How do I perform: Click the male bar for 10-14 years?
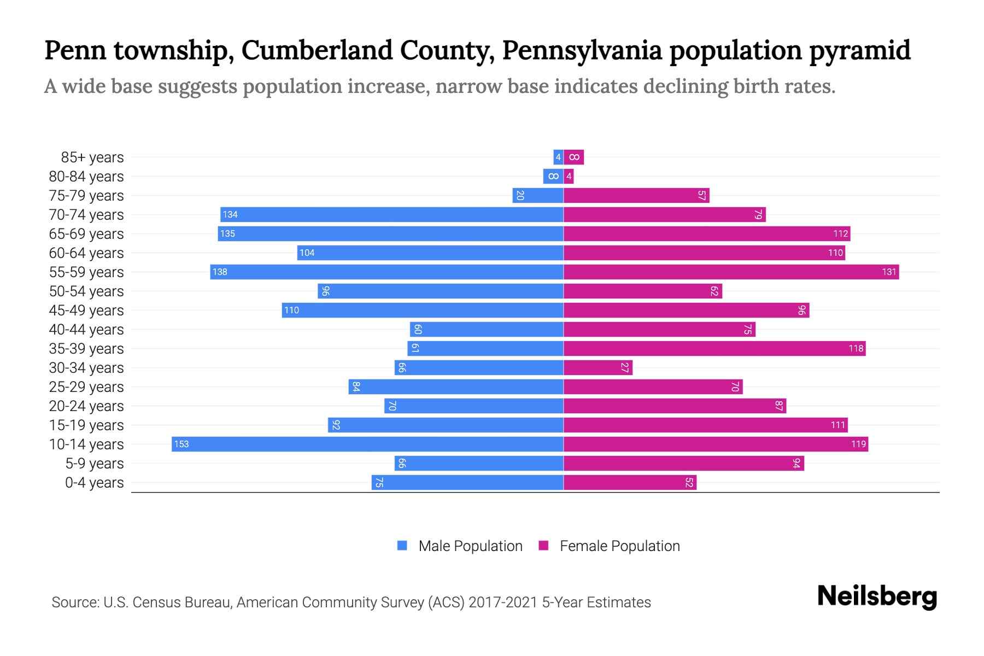tap(367, 444)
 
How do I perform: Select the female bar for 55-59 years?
tap(731, 272)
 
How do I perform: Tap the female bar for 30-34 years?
tap(598, 367)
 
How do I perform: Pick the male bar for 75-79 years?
tap(537, 195)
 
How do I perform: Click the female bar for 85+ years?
tap(574, 157)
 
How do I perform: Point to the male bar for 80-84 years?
tap(553, 176)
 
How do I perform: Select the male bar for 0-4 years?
tap(467, 482)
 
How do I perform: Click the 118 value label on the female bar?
tap(856, 348)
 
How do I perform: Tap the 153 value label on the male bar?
tap(181, 444)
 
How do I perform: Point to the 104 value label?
tap(307, 253)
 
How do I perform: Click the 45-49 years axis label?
tap(86, 310)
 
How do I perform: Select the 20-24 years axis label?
tap(86, 406)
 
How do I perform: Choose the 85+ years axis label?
tap(92, 157)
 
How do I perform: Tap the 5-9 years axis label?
tap(95, 463)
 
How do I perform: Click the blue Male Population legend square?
tap(402, 546)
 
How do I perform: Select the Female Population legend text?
tap(619, 546)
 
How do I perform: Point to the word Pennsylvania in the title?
tap(582, 50)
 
